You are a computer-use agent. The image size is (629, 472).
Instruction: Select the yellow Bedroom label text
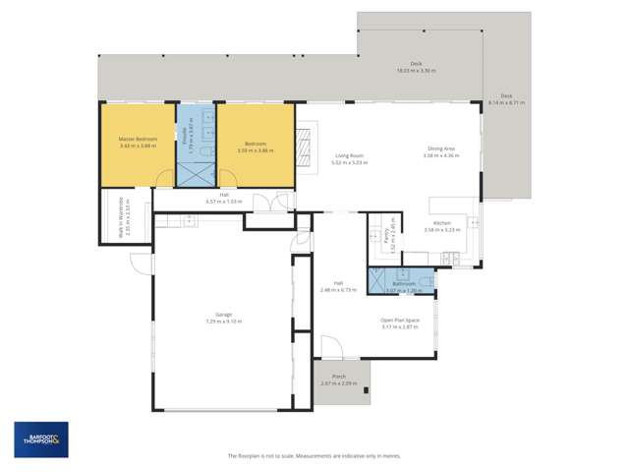pos(255,144)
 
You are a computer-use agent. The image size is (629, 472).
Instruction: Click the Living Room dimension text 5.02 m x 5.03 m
pos(350,162)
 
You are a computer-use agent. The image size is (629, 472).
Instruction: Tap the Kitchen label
pos(442,223)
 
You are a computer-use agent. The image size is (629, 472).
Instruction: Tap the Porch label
pos(338,377)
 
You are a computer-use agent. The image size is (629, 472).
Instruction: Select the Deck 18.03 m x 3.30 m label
pos(416,67)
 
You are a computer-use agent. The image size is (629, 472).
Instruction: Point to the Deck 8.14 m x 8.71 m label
pos(512,98)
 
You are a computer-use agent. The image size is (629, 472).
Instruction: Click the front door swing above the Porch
pos(331,347)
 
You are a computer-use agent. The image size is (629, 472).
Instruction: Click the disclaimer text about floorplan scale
pos(314,455)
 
